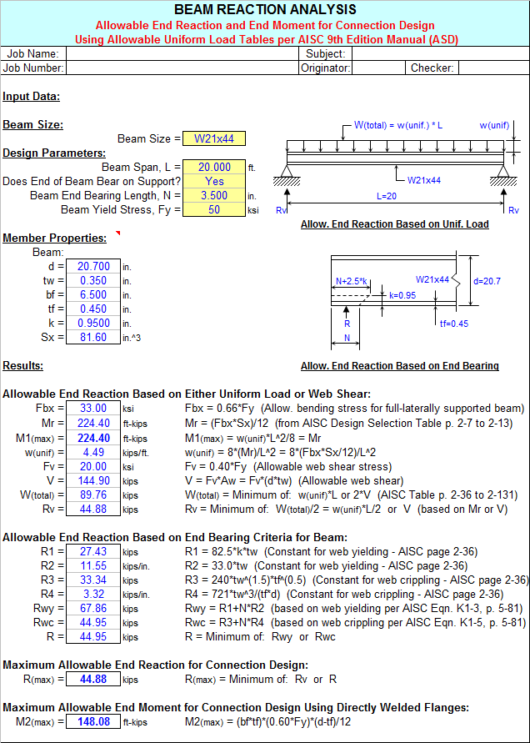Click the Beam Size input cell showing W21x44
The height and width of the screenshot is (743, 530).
pos(213,139)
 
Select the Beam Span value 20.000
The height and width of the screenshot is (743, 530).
pos(213,167)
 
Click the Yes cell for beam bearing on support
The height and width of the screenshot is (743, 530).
pos(213,181)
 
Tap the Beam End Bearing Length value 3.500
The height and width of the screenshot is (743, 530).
pos(213,195)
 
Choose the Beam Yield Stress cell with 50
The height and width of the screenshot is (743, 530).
pos(213,209)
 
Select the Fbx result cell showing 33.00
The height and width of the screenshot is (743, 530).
pos(92,409)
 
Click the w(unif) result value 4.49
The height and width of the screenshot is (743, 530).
pos(92,452)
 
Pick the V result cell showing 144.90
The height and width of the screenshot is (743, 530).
pos(92,480)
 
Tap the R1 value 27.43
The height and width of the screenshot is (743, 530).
pos(92,552)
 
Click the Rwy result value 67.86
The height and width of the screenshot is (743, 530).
pos(92,609)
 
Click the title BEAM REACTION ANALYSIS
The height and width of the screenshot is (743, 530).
pos(265,10)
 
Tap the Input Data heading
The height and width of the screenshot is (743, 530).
pos(31,97)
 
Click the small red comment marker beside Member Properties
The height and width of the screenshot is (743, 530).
pos(117,233)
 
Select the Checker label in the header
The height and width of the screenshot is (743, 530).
pos(432,68)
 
